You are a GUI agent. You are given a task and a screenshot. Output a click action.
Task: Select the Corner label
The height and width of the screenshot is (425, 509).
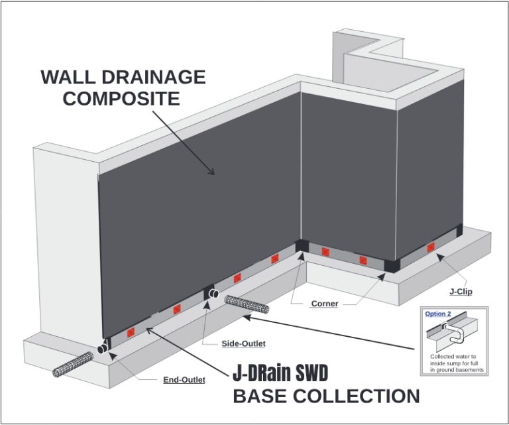pyautogui.click(x=325, y=304)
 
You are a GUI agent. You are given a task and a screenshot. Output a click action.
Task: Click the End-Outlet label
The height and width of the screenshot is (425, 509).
pyautogui.click(x=184, y=380)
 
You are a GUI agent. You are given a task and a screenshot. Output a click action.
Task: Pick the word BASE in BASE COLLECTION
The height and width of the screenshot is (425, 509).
pyautogui.click(x=264, y=396)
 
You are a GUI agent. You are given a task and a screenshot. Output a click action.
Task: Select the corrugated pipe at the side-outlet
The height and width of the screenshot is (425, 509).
pyautogui.click(x=247, y=306)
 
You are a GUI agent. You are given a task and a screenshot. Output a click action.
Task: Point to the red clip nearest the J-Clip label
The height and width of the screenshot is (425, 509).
pyautogui.click(x=431, y=247)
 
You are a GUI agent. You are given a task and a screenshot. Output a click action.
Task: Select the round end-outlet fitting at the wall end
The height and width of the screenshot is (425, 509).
pyautogui.click(x=103, y=347)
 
